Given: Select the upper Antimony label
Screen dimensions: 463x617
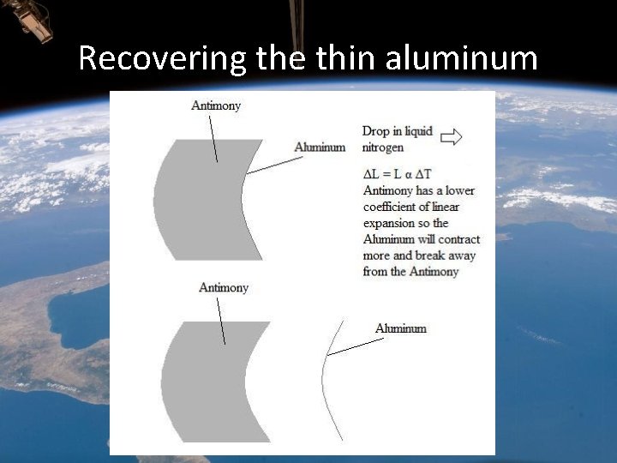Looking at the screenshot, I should click(216, 105).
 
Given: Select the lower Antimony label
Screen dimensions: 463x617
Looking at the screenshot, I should click(224, 287).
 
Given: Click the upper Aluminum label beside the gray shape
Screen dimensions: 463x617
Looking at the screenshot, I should click(320, 147).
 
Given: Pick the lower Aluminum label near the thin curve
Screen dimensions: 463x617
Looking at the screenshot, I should click(400, 328).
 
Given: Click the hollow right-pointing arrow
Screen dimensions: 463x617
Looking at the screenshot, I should click(451, 136).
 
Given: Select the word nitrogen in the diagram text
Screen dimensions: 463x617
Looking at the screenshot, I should click(383, 147).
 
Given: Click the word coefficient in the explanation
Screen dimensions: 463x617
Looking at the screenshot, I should click(392, 207).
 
